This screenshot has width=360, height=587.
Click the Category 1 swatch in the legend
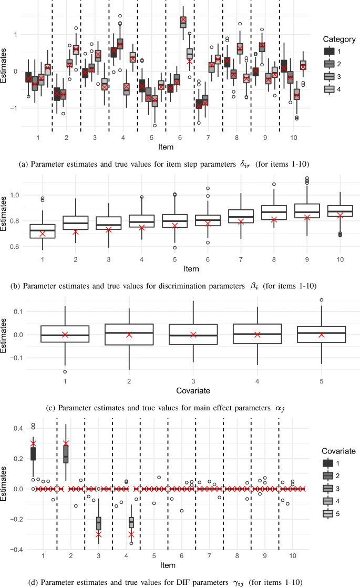(329, 51)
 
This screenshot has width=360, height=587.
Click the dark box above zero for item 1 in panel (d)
(33, 453)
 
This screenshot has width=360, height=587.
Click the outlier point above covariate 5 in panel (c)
(322, 300)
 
